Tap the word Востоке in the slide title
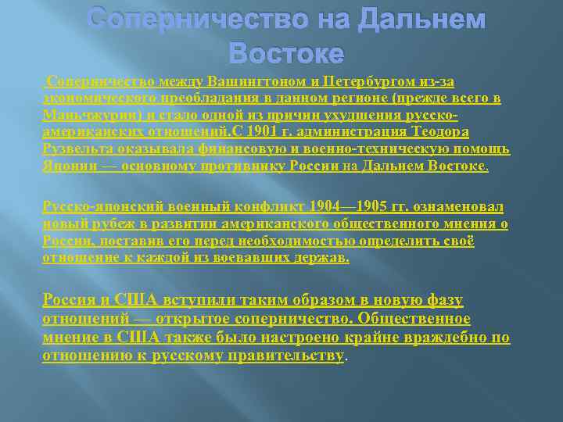[x=286, y=53]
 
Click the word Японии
[x=66, y=165]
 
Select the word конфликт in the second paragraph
[x=257, y=207]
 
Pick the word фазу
[x=443, y=299]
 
